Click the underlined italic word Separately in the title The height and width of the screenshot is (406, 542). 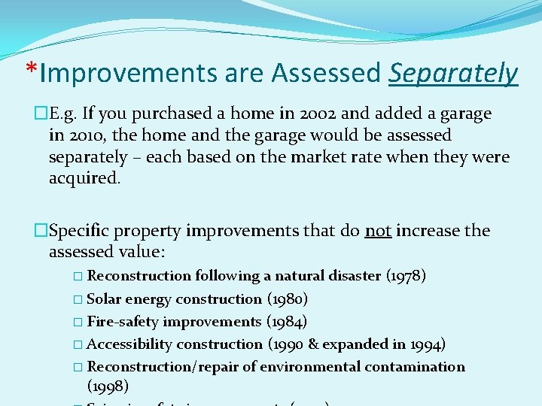[453, 74]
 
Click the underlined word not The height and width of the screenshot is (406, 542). [377, 230]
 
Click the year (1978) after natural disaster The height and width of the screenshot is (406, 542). [406, 276]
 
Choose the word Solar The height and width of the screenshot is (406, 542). [104, 298]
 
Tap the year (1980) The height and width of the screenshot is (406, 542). [287, 298]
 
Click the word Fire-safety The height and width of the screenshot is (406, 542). [123, 321]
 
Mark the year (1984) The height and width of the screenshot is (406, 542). [287, 321]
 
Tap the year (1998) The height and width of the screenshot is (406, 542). [108, 386]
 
